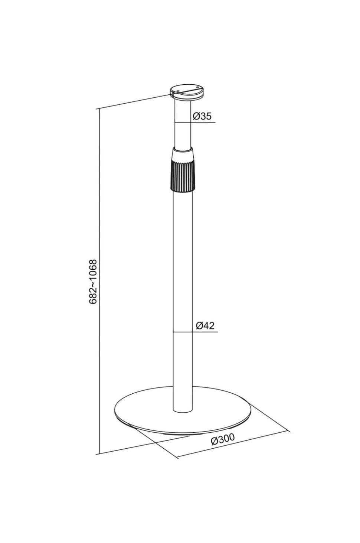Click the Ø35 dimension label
point(202,116)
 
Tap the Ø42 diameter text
point(205,326)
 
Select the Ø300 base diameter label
point(222,439)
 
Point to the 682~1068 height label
point(93,282)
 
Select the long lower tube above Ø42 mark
point(183,260)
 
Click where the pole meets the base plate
point(183,410)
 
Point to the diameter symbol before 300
point(214,441)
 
